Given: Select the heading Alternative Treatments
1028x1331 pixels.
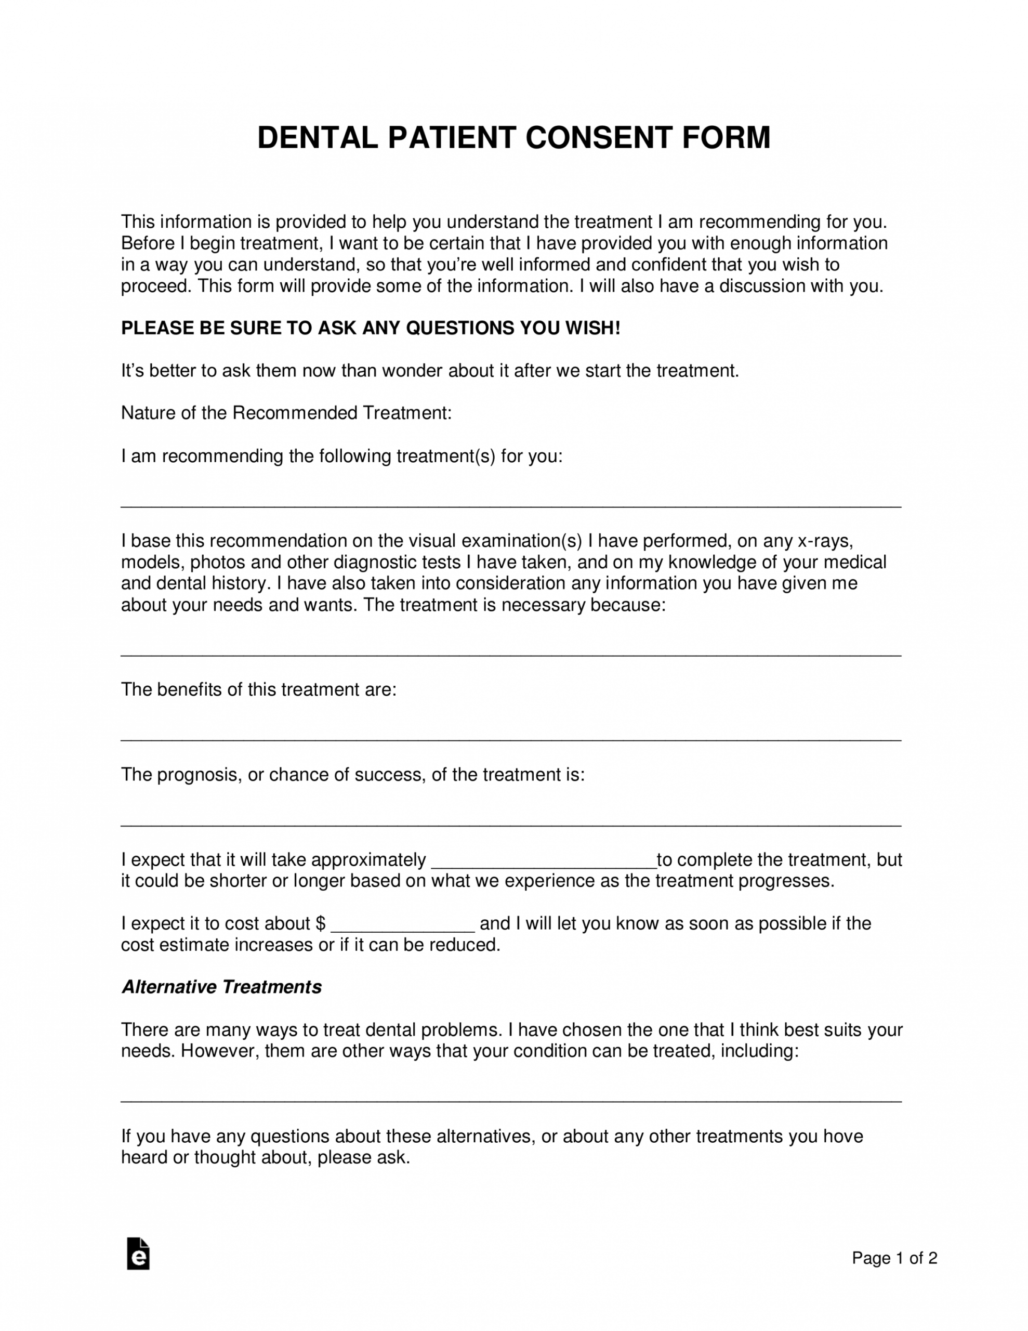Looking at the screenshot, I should point(221,987).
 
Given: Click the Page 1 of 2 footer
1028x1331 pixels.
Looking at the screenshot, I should point(894,1258).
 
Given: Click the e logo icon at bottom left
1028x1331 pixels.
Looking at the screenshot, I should point(138,1254).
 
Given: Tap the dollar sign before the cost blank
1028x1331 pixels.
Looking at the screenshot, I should point(321,923).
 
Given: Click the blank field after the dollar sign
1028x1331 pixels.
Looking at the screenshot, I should point(402,927).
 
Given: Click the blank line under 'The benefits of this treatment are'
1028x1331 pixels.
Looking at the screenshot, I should point(511,739).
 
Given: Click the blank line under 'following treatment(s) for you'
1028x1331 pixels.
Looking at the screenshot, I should point(511,505).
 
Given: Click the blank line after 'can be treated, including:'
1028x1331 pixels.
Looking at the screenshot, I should point(511,1100).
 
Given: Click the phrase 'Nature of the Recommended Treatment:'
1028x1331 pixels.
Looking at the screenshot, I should point(286,413).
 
